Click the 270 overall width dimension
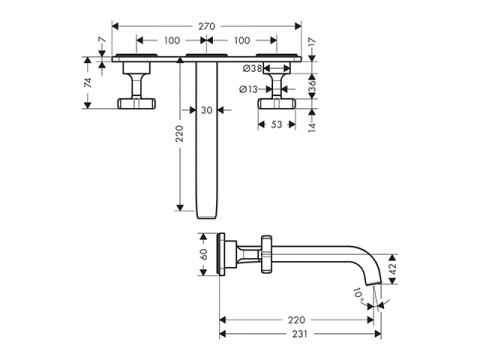point(207,26)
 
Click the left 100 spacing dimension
point(172,40)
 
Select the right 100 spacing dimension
point(242,40)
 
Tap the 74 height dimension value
point(88,83)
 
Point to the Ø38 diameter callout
point(252,69)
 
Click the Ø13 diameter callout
point(248,89)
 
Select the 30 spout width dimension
point(207,110)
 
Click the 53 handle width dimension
point(276,124)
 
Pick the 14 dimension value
point(312,127)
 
